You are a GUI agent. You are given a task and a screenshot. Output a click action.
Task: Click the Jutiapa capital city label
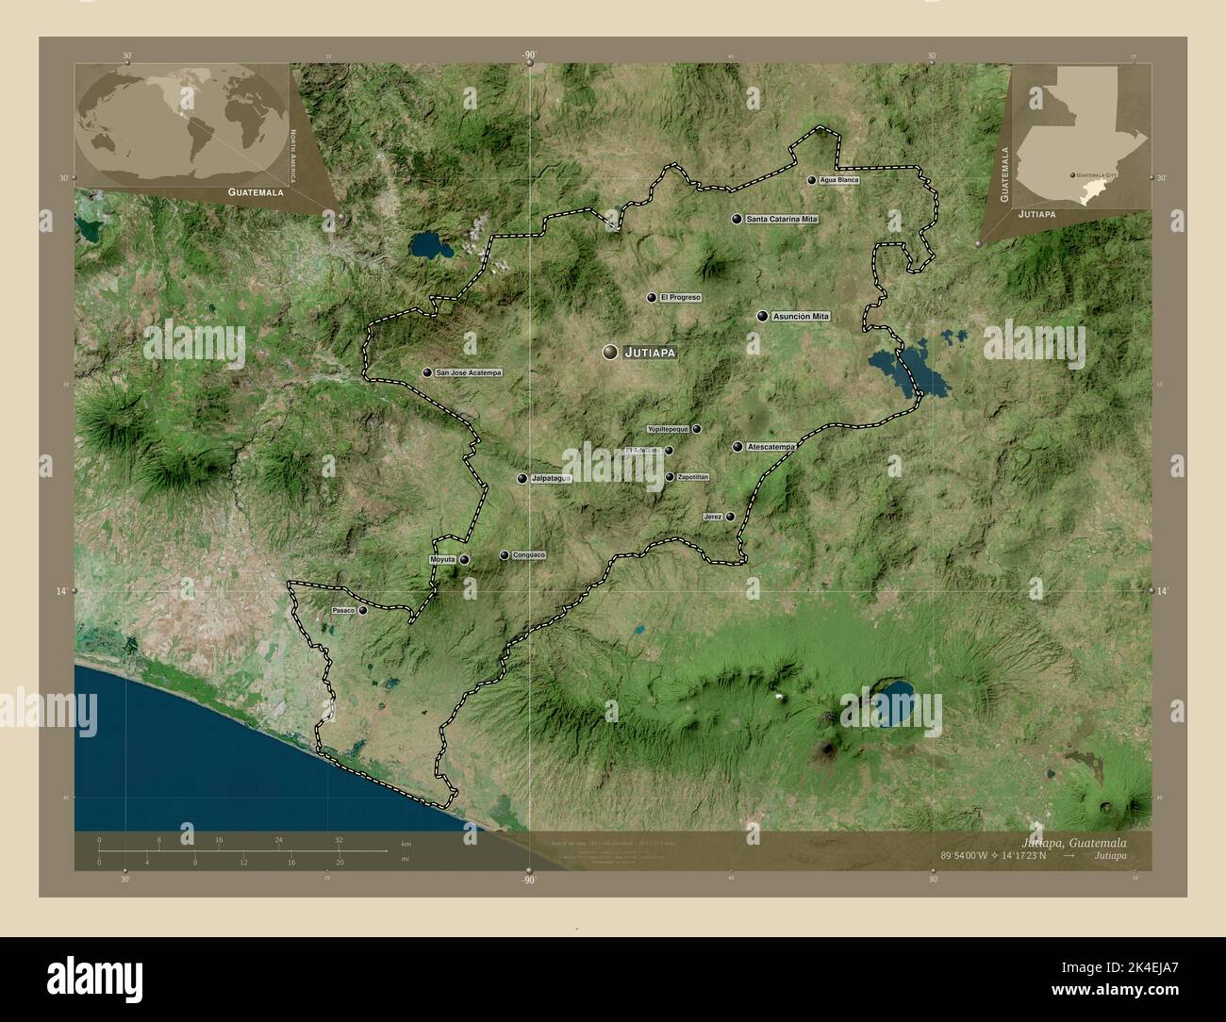651,353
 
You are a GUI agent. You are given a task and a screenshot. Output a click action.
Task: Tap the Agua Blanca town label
839,179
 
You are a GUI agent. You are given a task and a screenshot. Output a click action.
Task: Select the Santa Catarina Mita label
782,219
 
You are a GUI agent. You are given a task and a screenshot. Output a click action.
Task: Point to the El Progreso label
680,297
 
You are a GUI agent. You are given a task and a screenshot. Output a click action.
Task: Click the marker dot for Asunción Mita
761,316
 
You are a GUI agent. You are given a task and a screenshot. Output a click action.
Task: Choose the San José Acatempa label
469,372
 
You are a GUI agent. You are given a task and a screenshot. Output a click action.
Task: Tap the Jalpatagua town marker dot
522,478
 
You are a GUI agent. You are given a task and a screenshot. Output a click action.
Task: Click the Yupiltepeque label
668,429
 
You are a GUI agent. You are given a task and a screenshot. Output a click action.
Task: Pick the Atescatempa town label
770,446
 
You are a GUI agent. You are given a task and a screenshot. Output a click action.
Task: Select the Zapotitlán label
693,477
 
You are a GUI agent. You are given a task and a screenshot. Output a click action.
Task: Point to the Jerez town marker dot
730,517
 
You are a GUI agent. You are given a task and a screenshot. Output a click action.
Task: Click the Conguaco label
529,555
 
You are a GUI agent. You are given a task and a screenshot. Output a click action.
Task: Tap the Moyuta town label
442,559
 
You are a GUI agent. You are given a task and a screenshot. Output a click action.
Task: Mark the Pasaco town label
342,611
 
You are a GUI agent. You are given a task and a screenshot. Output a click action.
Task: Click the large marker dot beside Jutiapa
610,352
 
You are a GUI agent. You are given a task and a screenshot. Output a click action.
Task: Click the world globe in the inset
182,123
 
